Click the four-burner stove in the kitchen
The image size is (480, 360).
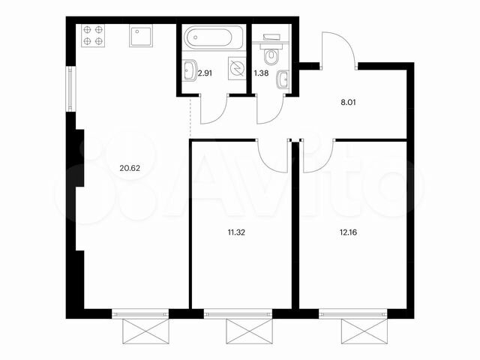(x=93, y=36)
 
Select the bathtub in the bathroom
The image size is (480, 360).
(x=214, y=37)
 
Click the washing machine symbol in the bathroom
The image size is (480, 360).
(x=237, y=69)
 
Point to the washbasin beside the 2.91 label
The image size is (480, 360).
(x=188, y=71)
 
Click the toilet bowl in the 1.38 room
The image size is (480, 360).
(x=271, y=54)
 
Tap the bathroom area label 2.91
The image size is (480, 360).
(x=204, y=73)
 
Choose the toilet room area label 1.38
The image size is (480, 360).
(x=261, y=73)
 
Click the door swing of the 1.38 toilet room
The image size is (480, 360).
(x=268, y=109)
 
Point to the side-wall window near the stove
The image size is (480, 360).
(x=70, y=89)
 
